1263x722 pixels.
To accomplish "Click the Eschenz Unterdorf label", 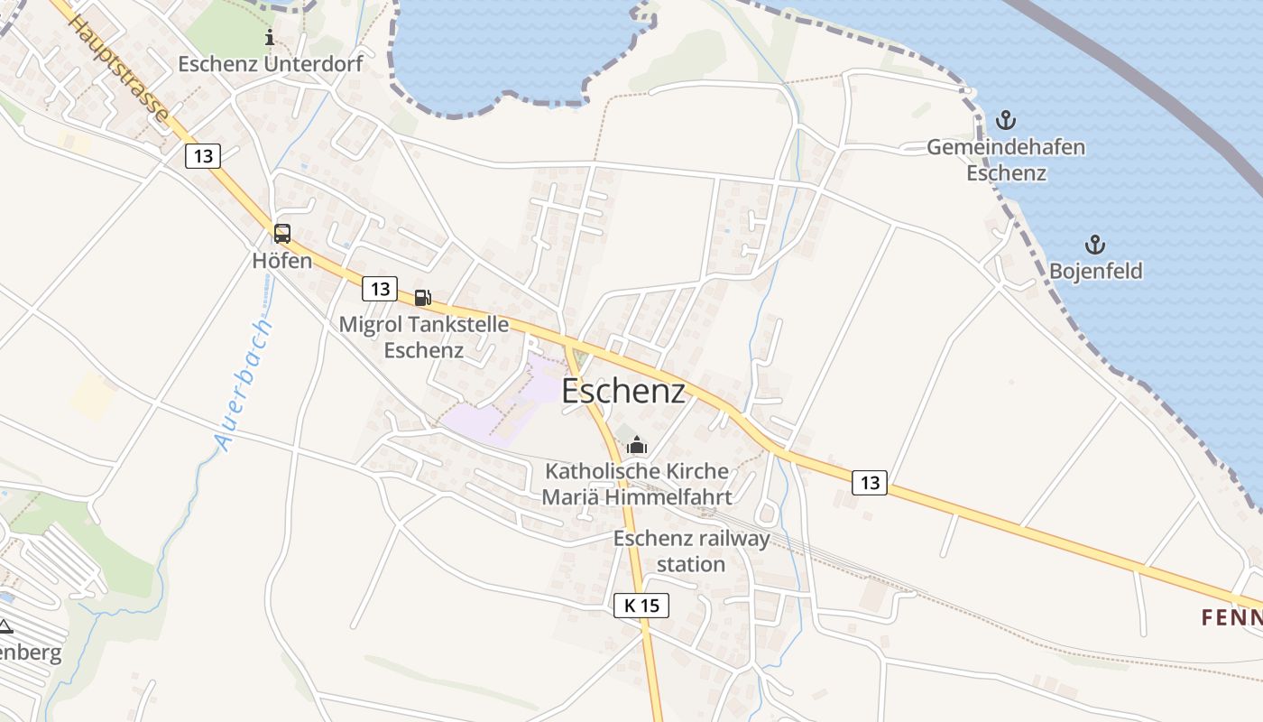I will (270, 64).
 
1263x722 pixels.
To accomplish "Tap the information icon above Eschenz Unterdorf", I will (269, 37).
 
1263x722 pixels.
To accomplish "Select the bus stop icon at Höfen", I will (282, 234).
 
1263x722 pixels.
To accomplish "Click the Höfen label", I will (282, 262).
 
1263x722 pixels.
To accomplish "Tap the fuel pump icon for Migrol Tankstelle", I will (422, 297).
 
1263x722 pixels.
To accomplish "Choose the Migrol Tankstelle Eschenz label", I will (423, 337).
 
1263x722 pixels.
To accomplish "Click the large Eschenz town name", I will (623, 392).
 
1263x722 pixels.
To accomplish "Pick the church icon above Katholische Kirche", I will (637, 444).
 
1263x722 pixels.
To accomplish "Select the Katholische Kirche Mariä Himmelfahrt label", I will (637, 484).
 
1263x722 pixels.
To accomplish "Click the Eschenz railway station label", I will (692, 551).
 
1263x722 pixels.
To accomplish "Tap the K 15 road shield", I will (641, 606).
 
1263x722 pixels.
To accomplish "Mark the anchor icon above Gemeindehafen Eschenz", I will (1005, 120).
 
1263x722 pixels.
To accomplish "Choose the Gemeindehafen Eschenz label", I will (1006, 160).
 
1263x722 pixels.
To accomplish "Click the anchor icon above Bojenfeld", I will (1094, 244).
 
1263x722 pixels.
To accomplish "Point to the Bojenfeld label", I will (1095, 271).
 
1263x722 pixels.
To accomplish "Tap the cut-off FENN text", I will (1231, 618).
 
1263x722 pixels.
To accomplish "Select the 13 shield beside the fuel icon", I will (380, 289).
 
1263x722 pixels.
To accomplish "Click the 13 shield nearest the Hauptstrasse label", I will (203, 156).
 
